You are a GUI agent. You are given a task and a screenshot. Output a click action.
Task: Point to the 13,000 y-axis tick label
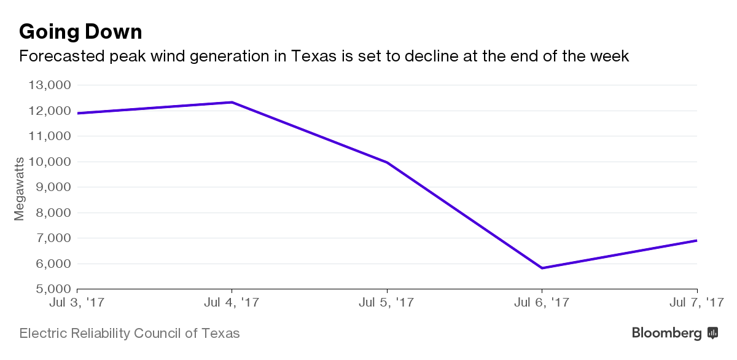(x=50, y=85)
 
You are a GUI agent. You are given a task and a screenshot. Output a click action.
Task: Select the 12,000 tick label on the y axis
(x=50, y=111)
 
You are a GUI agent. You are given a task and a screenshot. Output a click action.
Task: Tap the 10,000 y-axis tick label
(x=50, y=162)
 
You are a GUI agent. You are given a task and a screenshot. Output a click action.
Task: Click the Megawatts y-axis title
(x=19, y=189)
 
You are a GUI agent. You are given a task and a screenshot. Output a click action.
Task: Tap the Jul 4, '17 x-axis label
(x=232, y=302)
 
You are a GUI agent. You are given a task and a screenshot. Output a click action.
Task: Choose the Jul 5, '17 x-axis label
(x=387, y=302)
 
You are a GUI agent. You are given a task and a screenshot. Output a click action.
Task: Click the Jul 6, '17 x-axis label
(x=542, y=302)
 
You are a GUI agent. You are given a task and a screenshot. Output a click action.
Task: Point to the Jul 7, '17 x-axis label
(x=696, y=302)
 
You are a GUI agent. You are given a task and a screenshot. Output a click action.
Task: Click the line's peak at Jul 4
(x=232, y=102)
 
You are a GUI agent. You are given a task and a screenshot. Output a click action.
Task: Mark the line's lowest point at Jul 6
(x=542, y=268)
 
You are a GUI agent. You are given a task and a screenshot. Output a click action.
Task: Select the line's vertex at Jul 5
(x=387, y=162)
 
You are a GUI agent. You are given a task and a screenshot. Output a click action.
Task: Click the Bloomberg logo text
(x=667, y=333)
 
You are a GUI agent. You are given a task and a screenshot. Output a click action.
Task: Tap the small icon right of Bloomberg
(x=713, y=333)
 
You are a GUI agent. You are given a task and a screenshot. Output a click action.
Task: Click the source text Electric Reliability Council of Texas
(x=130, y=334)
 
